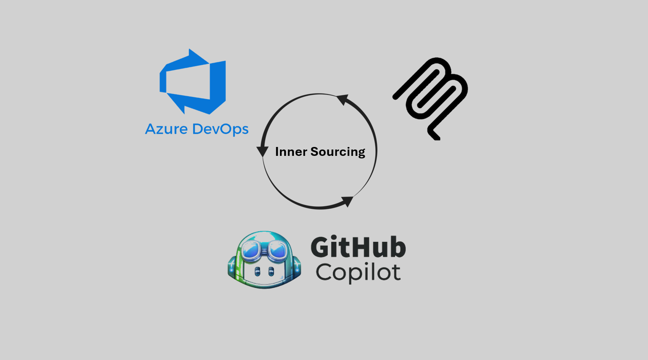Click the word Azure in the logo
tap(166, 129)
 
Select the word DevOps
tap(220, 130)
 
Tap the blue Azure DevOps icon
tap(193, 81)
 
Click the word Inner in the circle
tap(291, 152)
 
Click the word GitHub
tap(358, 247)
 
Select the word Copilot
tap(358, 273)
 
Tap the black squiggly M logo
tap(430, 98)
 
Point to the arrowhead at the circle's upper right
tap(342, 99)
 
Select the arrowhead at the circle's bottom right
tap(347, 202)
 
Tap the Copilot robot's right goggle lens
tap(278, 250)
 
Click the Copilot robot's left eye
tap(257, 271)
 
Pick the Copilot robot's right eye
tap(271, 271)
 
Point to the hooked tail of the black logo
tap(434, 134)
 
